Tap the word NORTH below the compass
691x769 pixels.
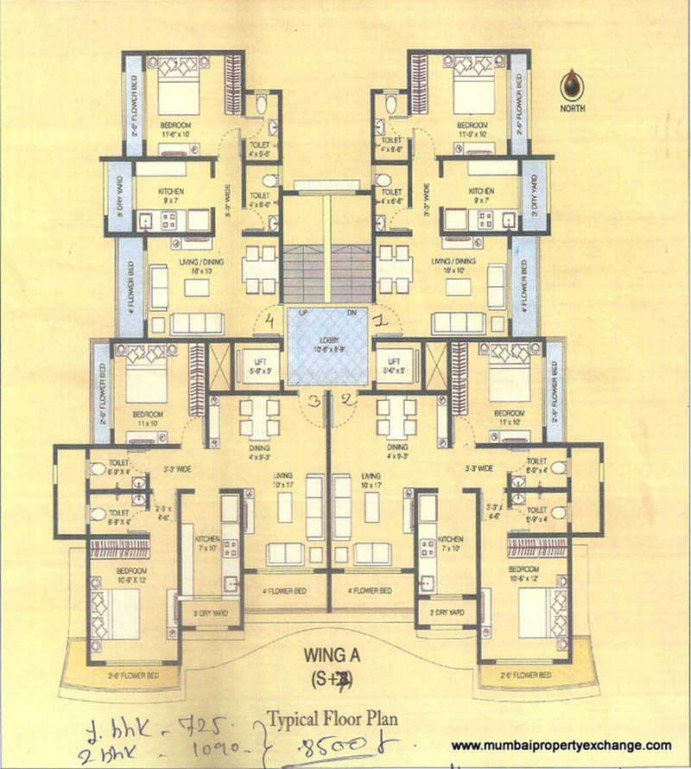tap(573, 109)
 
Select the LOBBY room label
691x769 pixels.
tap(326, 342)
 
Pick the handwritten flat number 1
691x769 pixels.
tap(377, 321)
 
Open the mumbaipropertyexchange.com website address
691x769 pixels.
tap(561, 746)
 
